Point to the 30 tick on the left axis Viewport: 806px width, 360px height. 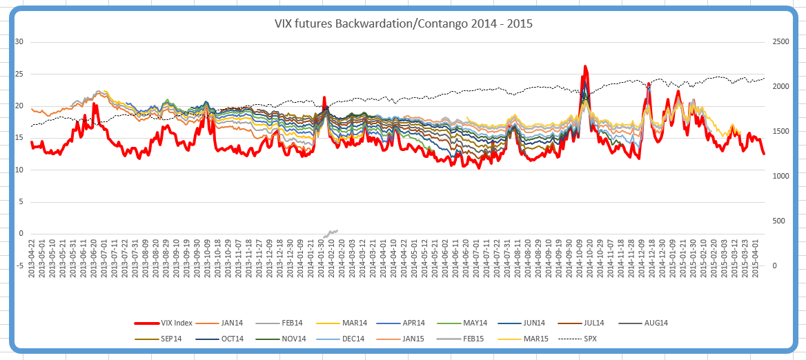pos(19,42)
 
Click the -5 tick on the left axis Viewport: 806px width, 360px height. pos(19,266)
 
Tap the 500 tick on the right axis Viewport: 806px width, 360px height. pos(778,221)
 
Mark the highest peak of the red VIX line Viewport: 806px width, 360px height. pos(585,67)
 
